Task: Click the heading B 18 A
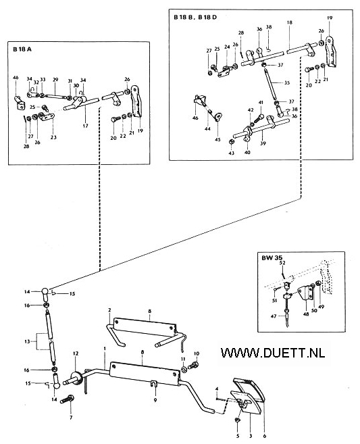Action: point(22,49)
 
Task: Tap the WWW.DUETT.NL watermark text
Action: point(273,353)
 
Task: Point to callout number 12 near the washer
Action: point(76,353)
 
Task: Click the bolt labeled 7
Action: point(68,400)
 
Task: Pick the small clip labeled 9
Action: point(153,385)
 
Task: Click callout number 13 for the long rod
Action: point(27,341)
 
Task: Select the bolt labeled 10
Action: point(194,366)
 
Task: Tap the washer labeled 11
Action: point(183,369)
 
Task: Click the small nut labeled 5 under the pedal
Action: point(238,421)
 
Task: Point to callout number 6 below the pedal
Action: point(265,436)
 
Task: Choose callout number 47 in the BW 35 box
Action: point(274,316)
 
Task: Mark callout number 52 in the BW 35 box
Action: point(282,263)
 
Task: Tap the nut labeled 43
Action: point(231,141)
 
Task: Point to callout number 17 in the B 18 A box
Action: point(86,126)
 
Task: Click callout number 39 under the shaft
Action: point(263,143)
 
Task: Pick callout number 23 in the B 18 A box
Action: point(53,137)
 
